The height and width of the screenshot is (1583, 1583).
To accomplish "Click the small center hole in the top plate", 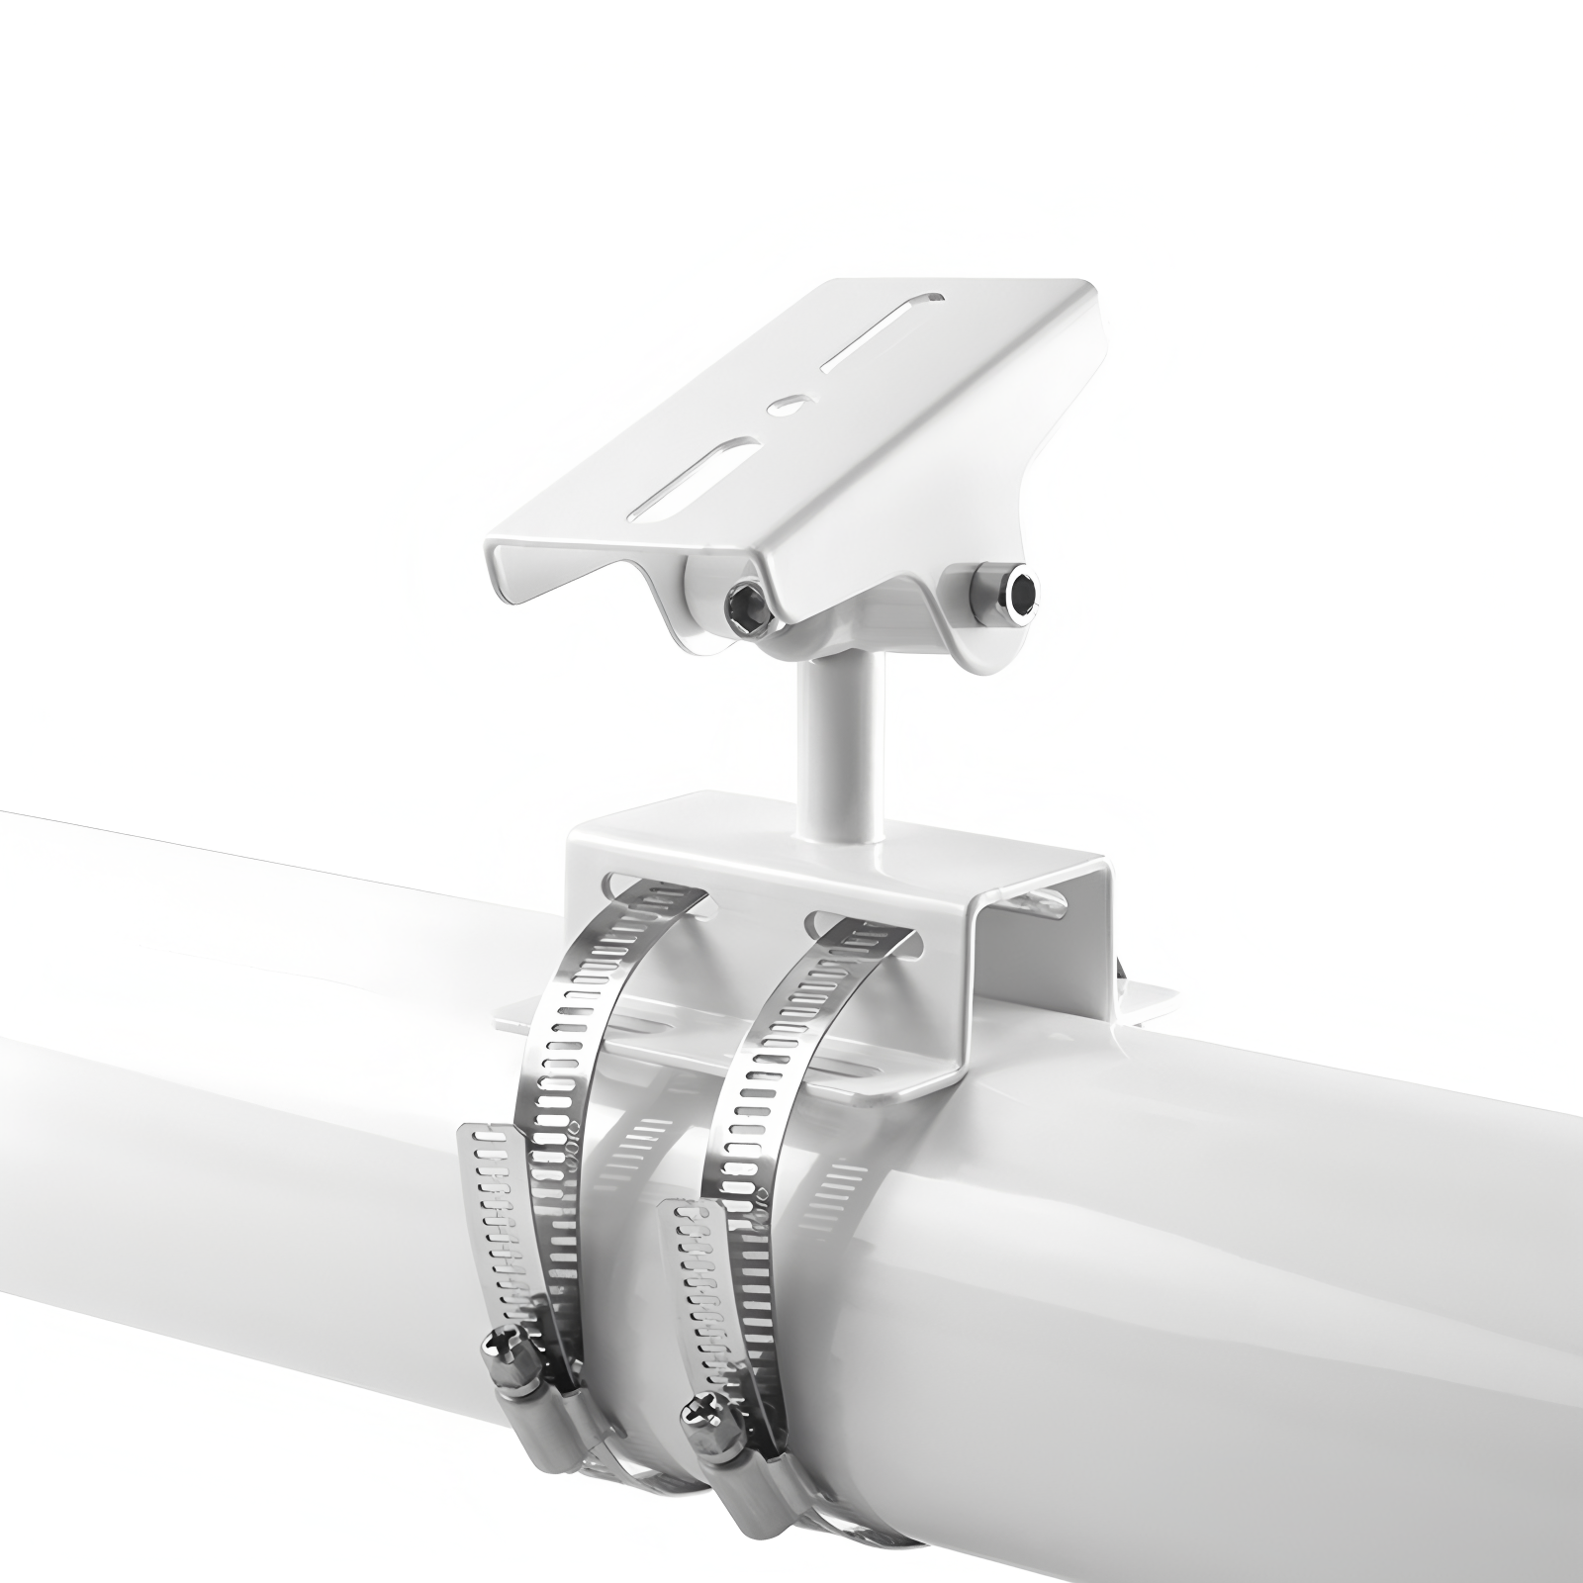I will pyautogui.click(x=787, y=404).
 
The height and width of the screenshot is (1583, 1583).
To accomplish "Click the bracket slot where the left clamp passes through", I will pyautogui.click(x=653, y=884).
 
